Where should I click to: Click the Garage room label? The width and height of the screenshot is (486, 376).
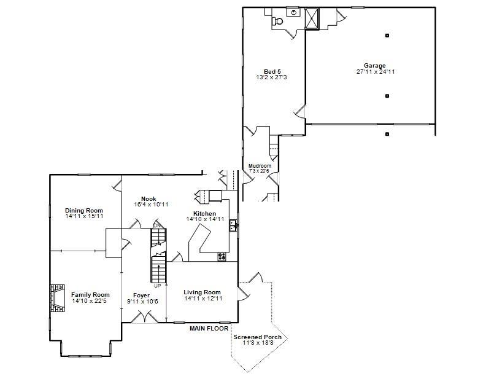pos(374,66)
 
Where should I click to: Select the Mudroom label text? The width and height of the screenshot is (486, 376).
pos(260,166)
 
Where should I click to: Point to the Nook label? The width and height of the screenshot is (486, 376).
pos(148,198)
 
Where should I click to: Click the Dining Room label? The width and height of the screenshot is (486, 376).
pos(84,211)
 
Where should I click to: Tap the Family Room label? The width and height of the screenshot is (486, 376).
pos(90,295)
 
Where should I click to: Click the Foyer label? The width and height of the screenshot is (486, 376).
pos(141,296)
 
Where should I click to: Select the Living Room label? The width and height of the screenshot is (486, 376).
pos(202,292)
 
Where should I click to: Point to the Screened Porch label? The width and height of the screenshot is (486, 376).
pos(258,337)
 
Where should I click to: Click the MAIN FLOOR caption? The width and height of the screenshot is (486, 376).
pos(209,329)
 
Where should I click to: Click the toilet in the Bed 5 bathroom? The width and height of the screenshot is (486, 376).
pos(278,21)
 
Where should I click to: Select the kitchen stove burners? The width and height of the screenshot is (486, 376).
pos(222,256)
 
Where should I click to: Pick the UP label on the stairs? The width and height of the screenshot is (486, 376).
pos(158,286)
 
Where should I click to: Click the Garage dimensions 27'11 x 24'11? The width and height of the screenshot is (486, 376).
pos(375,72)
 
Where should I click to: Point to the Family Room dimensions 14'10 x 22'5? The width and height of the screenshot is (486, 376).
pos(90,301)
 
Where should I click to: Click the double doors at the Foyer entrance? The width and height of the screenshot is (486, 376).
pos(148,318)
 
